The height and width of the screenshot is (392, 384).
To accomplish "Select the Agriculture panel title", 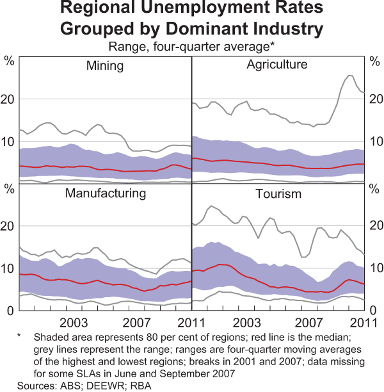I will tap(276, 65).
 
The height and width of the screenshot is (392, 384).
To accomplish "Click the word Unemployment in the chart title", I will tap(193, 10).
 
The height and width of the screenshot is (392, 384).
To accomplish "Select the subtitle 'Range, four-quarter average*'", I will tap(192, 46).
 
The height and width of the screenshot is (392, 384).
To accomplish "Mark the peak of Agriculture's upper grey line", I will tap(349, 76).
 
